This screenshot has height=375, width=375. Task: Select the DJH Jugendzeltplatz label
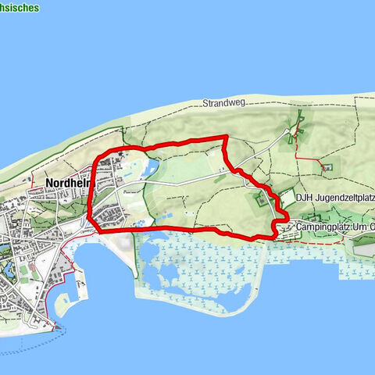click(x=334, y=197)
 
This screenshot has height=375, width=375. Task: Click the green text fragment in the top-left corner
click(x=20, y=8)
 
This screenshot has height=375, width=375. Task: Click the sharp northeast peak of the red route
click(x=225, y=137)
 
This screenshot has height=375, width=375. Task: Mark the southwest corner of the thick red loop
click(x=97, y=229)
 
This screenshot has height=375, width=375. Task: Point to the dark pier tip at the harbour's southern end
click(x=56, y=328)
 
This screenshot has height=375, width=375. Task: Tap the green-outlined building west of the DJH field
click(x=259, y=201)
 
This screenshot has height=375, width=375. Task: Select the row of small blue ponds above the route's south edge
click(x=145, y=223)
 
